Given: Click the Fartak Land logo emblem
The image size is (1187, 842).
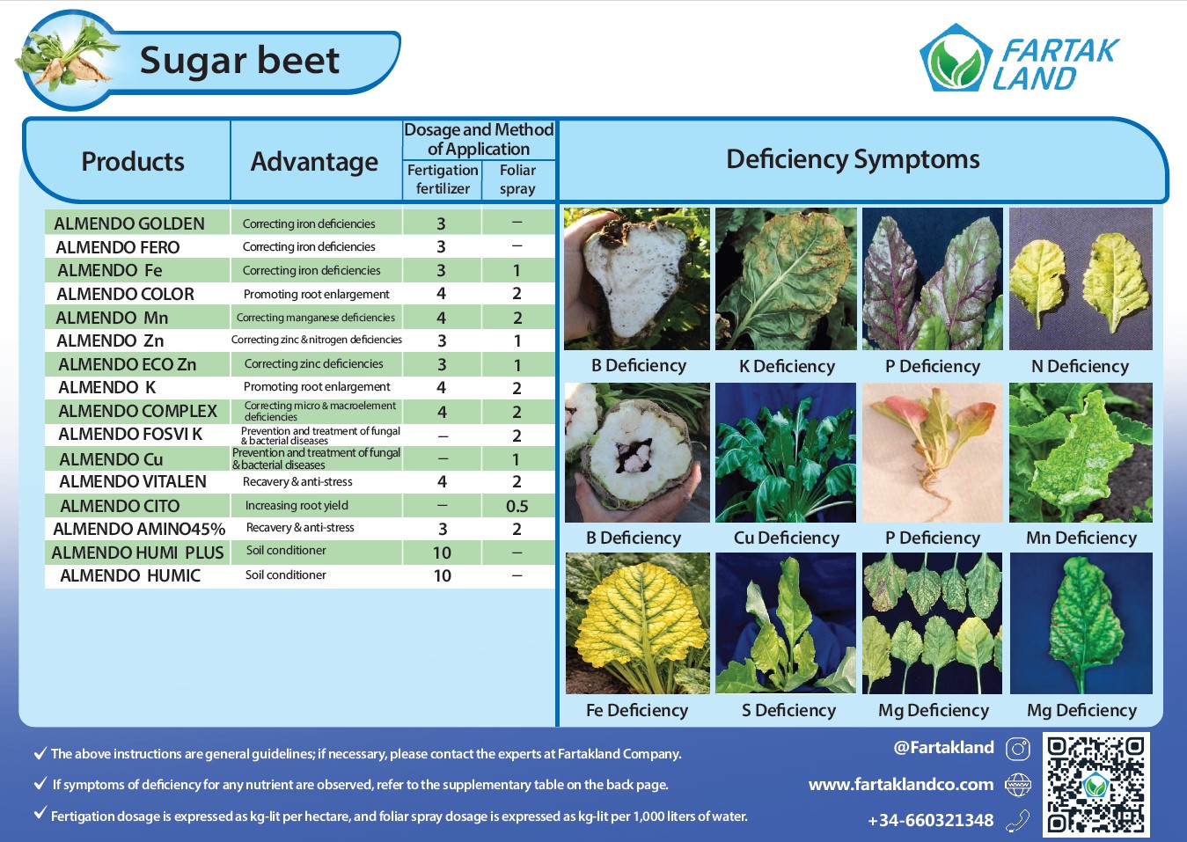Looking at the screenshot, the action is tap(956, 58).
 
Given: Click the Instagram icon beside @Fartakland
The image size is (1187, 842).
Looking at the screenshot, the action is tap(1018, 750).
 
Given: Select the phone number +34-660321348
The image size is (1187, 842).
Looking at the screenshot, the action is tap(931, 820).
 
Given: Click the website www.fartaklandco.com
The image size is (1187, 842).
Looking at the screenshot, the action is tap(901, 784).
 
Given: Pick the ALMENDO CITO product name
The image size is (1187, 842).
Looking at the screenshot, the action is tap(120, 506).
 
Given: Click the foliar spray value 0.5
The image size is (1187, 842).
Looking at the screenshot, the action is tap(517, 506).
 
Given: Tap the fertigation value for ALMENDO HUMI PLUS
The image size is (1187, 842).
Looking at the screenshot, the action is tap(442, 553).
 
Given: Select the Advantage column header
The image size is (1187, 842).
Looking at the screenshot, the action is tap(314, 162).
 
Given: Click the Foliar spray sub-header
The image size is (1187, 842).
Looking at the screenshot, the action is tap(517, 179).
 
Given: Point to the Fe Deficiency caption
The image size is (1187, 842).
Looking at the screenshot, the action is tap(637, 710).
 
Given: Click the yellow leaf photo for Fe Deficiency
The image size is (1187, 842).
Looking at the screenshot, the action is tap(637, 623).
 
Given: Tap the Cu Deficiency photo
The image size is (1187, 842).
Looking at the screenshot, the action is tap(786, 452).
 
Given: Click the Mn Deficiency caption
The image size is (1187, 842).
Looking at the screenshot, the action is tap(1081, 538).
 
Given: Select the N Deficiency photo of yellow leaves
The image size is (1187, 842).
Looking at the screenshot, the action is tap(1081, 279).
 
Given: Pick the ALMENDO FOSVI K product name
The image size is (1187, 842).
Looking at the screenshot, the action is tap(130, 434).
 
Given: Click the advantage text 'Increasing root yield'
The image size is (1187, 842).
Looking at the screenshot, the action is tap(297, 506).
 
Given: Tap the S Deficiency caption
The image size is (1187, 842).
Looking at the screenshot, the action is tap(788, 710).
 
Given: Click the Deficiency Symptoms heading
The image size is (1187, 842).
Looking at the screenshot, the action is tap(853, 159).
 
